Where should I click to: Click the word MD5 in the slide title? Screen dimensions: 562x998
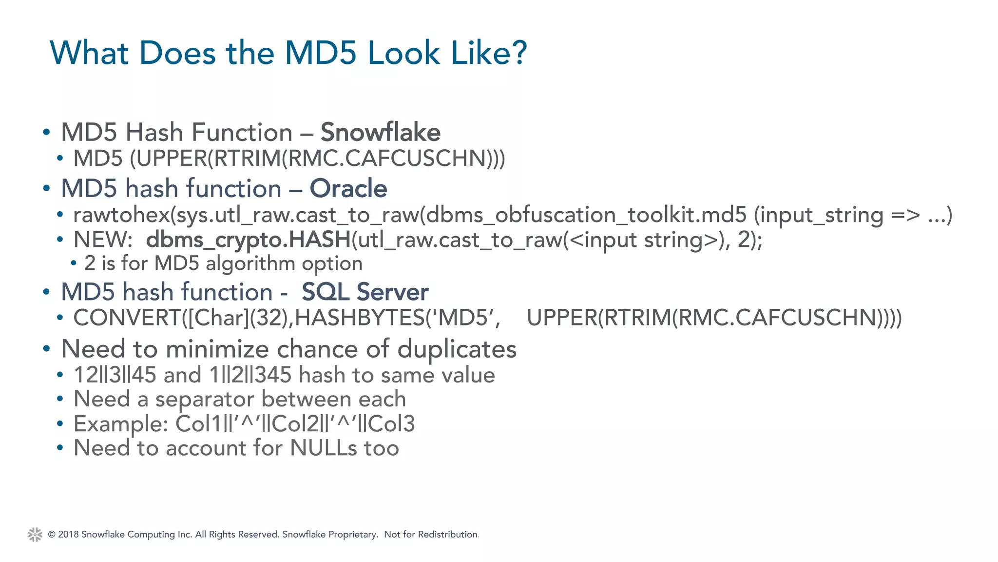322,53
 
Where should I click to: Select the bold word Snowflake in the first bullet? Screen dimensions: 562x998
380,132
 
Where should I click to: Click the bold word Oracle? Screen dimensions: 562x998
348,188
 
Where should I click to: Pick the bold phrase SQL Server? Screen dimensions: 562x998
365,292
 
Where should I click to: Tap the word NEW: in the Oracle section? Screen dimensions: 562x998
103,240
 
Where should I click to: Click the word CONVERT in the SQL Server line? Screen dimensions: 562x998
127,318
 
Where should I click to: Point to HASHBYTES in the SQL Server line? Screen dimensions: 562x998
360,318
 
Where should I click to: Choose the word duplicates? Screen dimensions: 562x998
457,349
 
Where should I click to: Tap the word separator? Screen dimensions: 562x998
205,399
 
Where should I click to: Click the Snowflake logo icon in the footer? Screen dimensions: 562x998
35,535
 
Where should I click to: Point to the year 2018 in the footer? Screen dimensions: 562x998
68,535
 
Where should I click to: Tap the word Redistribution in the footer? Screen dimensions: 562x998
448,535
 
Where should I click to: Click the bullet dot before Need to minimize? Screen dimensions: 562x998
46,349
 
